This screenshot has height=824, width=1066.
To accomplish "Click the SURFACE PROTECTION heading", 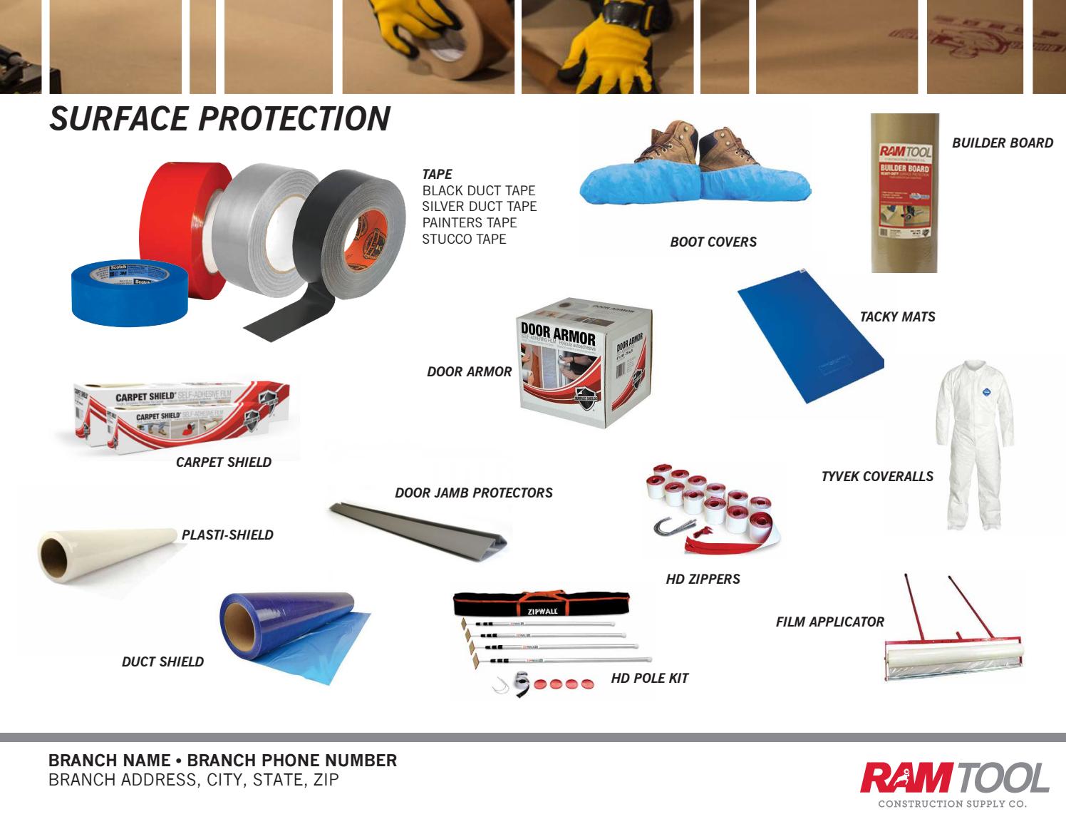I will (x=219, y=118).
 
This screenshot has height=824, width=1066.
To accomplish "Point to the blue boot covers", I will (x=695, y=185).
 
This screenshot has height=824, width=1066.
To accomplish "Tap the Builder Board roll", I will (x=904, y=192).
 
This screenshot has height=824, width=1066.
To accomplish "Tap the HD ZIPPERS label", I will (x=703, y=579).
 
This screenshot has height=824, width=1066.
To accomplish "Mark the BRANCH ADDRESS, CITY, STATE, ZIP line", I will (x=193, y=780).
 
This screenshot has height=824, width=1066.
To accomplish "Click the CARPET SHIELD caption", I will (x=223, y=462).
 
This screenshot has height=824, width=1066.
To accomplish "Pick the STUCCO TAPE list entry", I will (x=464, y=239).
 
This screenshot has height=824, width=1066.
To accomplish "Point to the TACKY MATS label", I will (x=897, y=316).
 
